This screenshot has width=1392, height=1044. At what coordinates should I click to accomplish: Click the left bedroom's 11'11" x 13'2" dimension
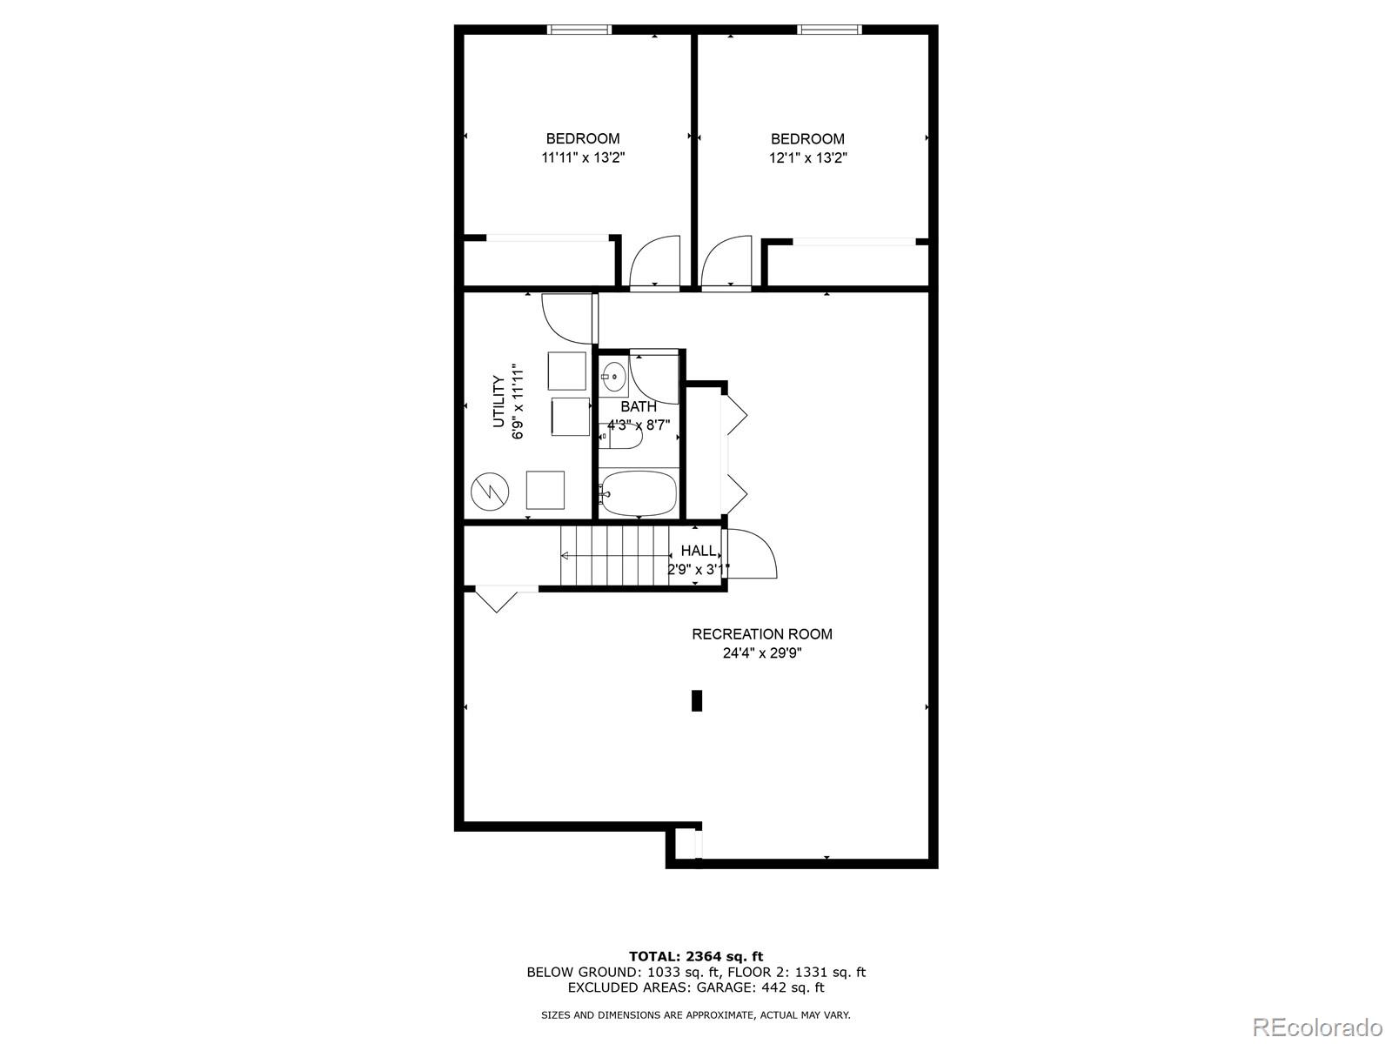click(x=583, y=158)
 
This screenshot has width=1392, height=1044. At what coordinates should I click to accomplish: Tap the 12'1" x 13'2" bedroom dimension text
click(x=807, y=158)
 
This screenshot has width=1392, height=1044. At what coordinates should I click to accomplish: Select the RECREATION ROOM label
click(x=762, y=634)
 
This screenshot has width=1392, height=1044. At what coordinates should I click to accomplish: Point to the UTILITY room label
click(x=499, y=402)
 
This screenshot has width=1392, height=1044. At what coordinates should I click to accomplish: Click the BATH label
click(x=639, y=406)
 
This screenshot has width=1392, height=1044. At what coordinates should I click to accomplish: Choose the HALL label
click(x=699, y=551)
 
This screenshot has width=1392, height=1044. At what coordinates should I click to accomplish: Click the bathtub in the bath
click(x=639, y=493)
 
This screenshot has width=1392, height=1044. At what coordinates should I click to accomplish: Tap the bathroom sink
click(x=614, y=377)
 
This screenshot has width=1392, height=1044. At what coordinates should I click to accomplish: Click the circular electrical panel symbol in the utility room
click(x=488, y=492)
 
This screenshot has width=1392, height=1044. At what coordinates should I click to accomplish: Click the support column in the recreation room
click(x=697, y=700)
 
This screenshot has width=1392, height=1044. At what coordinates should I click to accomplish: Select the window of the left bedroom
click(x=579, y=30)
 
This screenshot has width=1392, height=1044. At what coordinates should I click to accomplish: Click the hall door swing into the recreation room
click(x=751, y=554)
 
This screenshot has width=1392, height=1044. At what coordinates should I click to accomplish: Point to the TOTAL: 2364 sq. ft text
click(x=696, y=957)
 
